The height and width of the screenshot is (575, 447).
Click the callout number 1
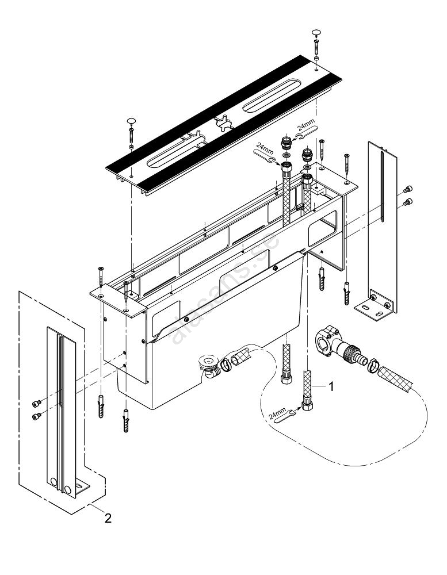coord(331,387)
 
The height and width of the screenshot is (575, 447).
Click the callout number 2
coord(108,518)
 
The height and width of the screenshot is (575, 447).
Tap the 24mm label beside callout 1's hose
coord(277,412)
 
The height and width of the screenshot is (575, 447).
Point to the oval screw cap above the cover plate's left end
coord(131,120)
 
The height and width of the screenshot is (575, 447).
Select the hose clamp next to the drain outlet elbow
coord(228,363)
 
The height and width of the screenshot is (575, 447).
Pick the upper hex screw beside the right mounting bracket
coord(408,189)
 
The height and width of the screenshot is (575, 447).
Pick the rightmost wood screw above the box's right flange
coord(346,163)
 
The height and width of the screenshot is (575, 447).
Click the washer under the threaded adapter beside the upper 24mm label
coord(286,155)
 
